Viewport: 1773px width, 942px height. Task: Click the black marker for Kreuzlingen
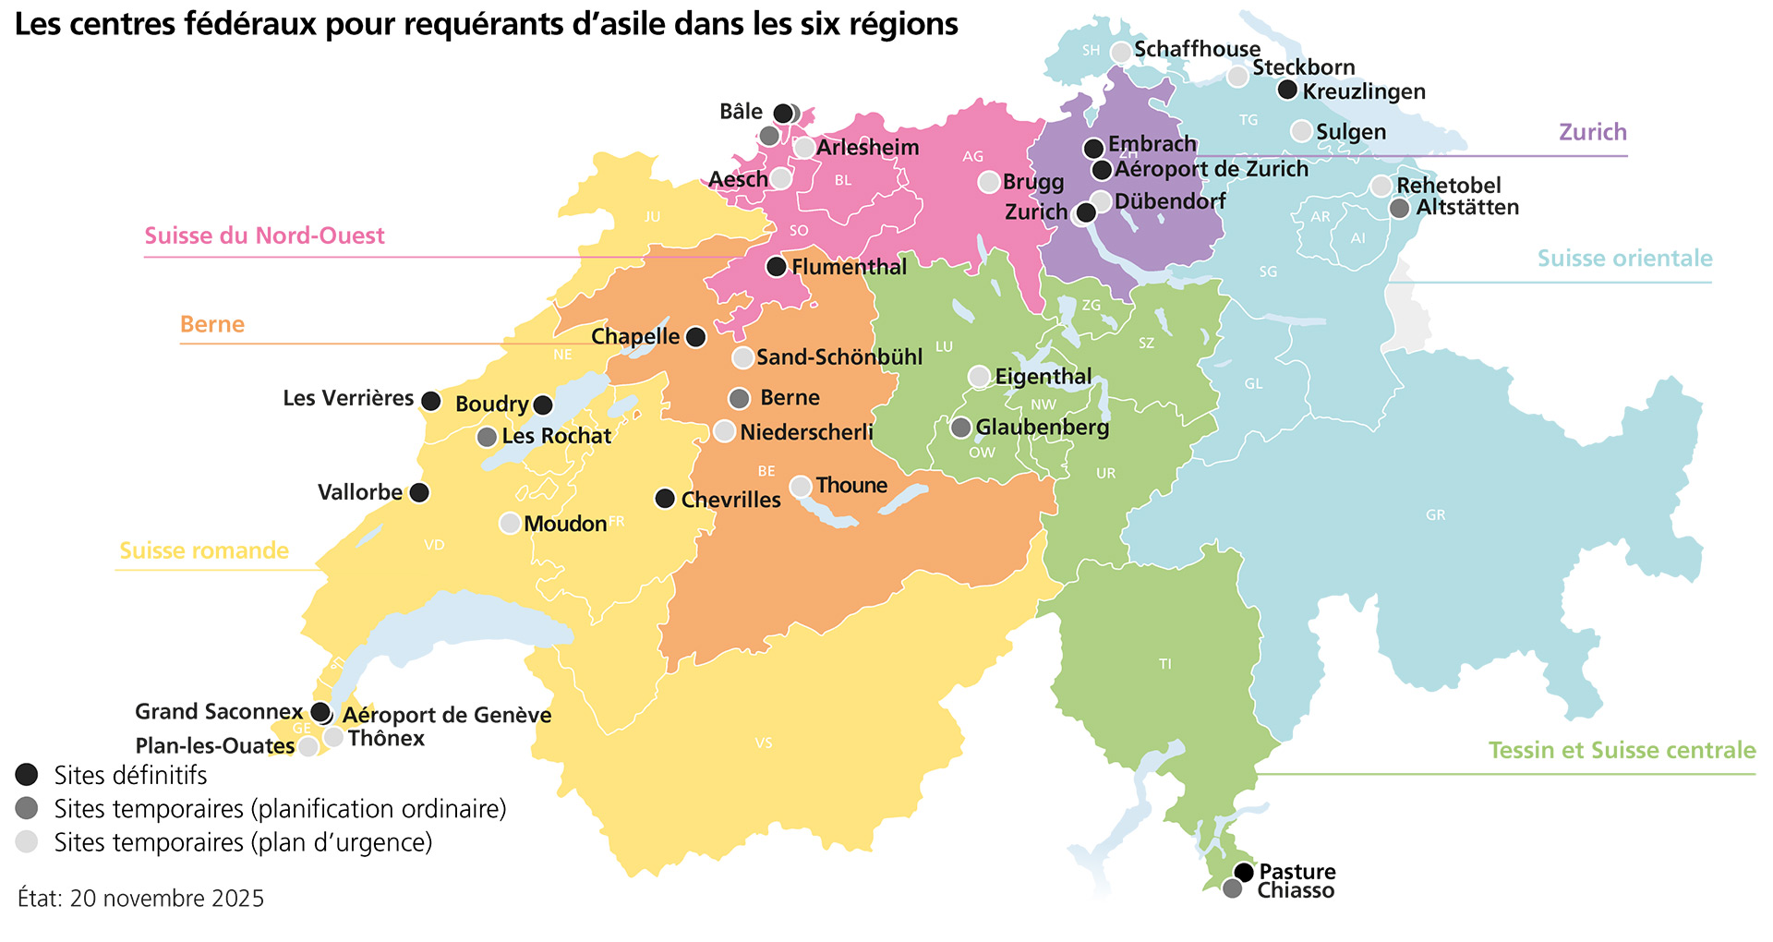pos(1287,90)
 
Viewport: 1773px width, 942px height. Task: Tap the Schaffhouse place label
pos(1197,49)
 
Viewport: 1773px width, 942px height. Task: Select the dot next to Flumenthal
pos(777,267)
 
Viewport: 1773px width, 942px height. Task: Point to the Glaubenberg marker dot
pos(961,428)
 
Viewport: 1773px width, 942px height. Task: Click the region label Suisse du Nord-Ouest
pos(264,235)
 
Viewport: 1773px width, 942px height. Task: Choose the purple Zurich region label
pos(1593,132)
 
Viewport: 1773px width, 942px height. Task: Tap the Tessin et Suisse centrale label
pos(1622,750)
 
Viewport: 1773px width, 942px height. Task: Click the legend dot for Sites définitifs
pos(28,775)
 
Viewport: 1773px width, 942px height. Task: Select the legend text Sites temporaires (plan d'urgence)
pos(243,842)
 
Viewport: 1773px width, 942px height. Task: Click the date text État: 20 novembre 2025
pos(140,898)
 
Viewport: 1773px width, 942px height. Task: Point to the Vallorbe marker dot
pos(419,492)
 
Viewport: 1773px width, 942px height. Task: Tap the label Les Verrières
pos(348,398)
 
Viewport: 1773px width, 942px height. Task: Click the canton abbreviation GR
pos(1435,515)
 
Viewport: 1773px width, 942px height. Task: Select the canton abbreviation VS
pos(764,743)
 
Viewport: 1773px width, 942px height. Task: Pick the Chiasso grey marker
pos(1232,888)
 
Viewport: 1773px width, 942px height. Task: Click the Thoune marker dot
pos(801,486)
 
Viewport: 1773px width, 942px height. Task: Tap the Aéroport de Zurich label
pos(1212,169)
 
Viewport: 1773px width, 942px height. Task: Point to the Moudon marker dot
pos(510,523)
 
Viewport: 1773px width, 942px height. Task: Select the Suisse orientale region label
pos(1624,259)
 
